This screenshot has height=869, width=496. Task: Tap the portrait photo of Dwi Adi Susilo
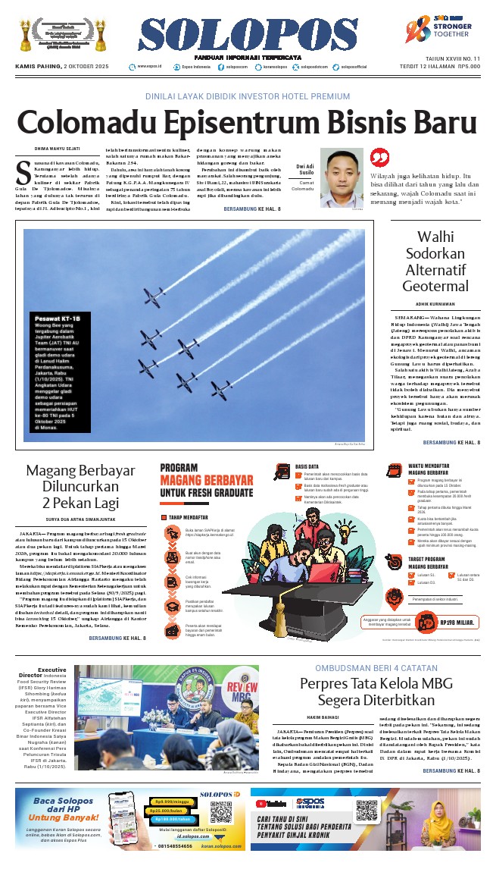click(x=341, y=177)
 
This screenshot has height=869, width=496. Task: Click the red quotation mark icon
click(x=378, y=156)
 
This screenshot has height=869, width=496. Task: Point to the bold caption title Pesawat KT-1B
click(x=58, y=319)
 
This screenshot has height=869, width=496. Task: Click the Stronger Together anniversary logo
click(x=448, y=34)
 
